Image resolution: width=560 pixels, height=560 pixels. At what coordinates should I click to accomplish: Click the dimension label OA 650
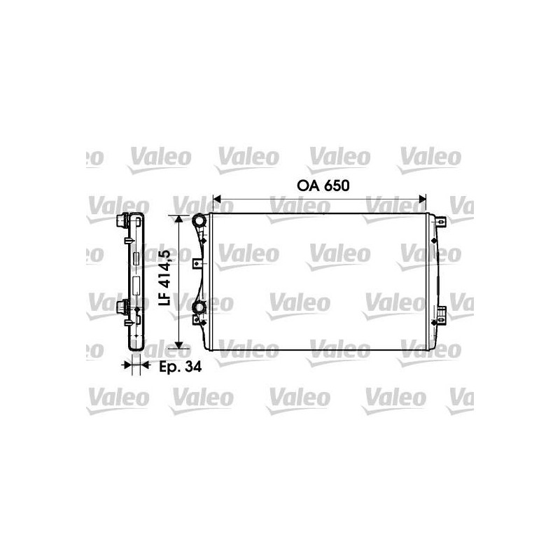323,185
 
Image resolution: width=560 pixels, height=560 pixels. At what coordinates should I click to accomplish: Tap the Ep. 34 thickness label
180,366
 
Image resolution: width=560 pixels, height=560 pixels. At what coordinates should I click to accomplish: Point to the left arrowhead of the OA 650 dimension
217,199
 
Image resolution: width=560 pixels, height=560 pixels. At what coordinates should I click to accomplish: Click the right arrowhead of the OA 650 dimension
422,199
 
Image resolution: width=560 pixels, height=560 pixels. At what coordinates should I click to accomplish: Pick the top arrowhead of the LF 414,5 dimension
179,219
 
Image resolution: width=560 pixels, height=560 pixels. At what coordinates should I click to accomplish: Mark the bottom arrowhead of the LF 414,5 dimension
179,344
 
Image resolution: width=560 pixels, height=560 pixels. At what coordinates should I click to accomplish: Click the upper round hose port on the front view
199,221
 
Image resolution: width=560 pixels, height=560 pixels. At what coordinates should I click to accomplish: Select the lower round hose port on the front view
199,307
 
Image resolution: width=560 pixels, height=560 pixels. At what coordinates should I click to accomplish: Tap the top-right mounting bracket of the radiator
442,222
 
